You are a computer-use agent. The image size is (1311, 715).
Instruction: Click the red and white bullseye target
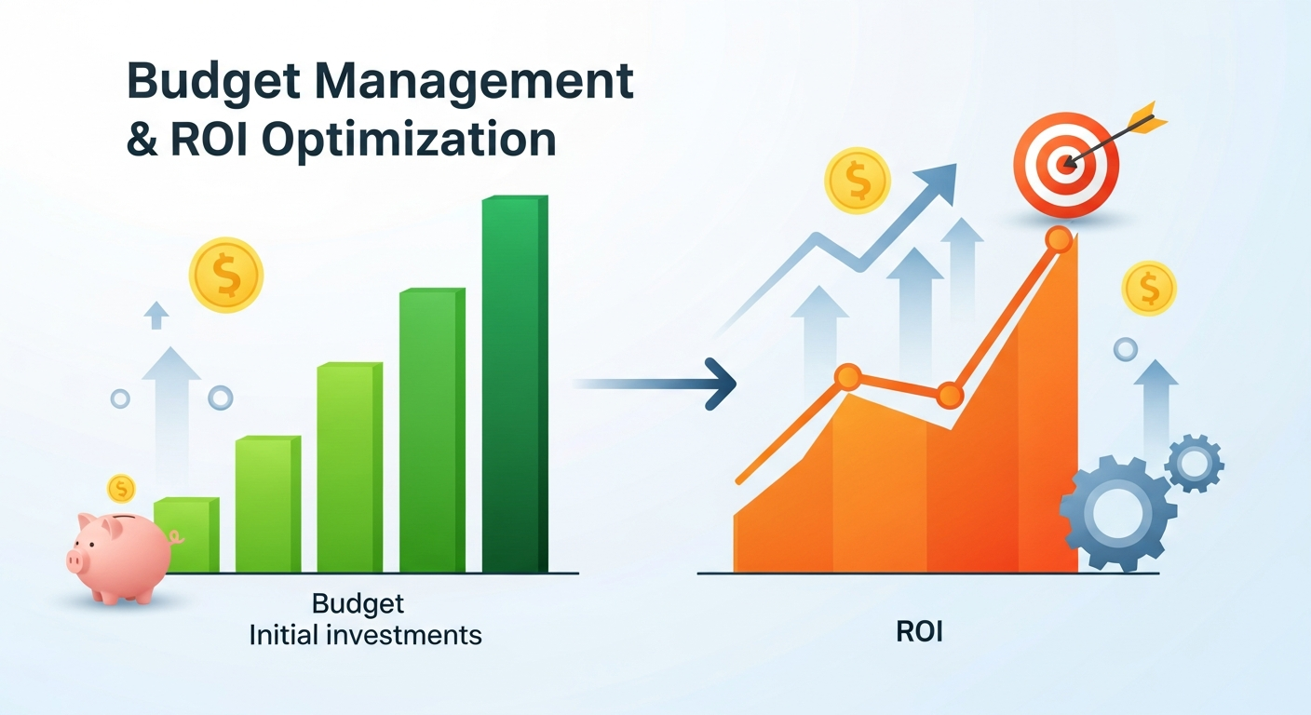click(1066, 167)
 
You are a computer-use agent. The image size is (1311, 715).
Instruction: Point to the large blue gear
click(1117, 512)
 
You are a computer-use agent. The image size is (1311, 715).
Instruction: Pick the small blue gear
click(1194, 462)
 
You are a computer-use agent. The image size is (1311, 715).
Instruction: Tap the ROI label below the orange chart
click(920, 633)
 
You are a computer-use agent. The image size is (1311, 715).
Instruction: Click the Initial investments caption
click(366, 635)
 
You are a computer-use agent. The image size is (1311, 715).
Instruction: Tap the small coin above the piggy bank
click(121, 487)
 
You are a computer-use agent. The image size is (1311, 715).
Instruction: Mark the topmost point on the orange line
click(1058, 239)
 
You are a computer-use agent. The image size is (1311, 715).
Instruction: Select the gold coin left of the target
click(857, 181)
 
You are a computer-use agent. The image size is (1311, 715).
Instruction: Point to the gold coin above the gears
click(1149, 288)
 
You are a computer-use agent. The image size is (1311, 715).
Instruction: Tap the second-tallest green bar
click(432, 428)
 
